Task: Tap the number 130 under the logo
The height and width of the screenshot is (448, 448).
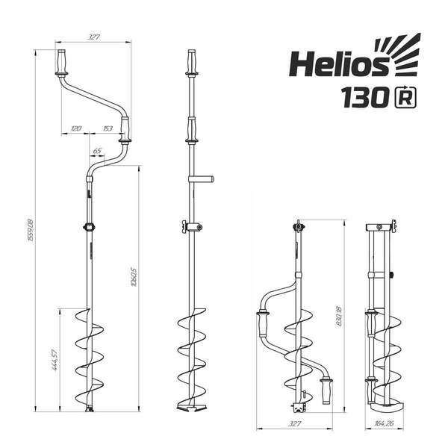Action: (364, 97)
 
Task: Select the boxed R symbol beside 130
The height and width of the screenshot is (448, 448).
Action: (404, 96)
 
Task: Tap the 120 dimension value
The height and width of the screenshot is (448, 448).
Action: (75, 128)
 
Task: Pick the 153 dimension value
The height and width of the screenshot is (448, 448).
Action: (107, 128)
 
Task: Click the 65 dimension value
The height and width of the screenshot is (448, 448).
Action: (96, 151)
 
